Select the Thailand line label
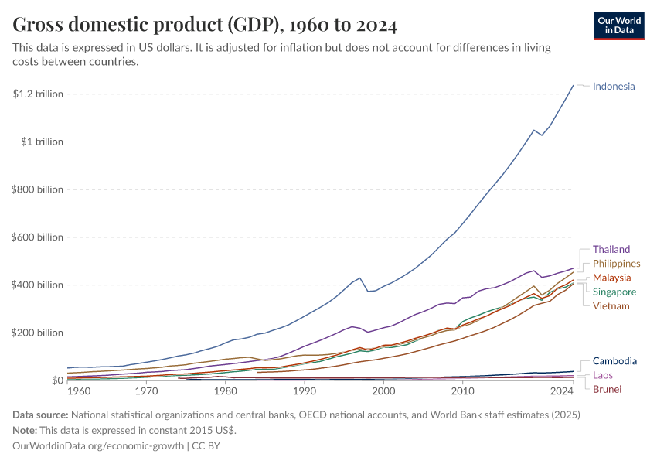pyautogui.click(x=611, y=250)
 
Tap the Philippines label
pyautogui.click(x=616, y=264)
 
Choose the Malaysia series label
pyautogui.click(x=611, y=278)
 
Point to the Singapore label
pyautogui.click(x=614, y=292)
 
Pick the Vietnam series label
pyautogui.click(x=611, y=305)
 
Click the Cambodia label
pyautogui.click(x=614, y=361)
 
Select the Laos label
pyautogui.click(x=604, y=375)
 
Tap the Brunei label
pyautogui.click(x=607, y=389)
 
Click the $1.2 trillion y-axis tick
pyautogui.click(x=38, y=94)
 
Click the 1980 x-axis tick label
pyautogui.click(x=226, y=391)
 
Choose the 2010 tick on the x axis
pyautogui.click(x=463, y=391)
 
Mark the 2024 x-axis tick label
pyautogui.click(x=573, y=391)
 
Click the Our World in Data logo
pyautogui.click(x=619, y=26)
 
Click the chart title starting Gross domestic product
pyautogui.click(x=206, y=26)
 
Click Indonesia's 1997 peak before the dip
pyautogui.click(x=359, y=278)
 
